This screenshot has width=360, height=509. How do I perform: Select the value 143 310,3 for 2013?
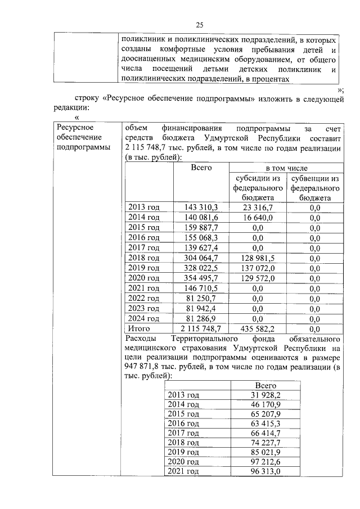(x=201, y=208)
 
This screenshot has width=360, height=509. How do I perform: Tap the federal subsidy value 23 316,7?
(x=258, y=208)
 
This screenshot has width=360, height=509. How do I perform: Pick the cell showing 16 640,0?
(x=258, y=218)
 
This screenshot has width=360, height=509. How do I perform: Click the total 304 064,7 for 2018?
(x=201, y=258)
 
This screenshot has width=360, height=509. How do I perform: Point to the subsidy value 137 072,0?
(x=258, y=268)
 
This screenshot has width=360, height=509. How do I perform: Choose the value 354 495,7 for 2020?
(x=201, y=278)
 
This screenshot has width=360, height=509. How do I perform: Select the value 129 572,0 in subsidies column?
(x=258, y=278)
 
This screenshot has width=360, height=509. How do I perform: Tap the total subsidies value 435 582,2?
(x=258, y=328)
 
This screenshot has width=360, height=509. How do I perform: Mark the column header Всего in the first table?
(x=201, y=168)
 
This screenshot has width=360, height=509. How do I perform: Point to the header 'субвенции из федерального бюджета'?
(x=314, y=188)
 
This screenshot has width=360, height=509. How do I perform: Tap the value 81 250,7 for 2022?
(x=201, y=298)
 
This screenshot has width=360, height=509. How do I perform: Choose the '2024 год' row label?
(x=144, y=318)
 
